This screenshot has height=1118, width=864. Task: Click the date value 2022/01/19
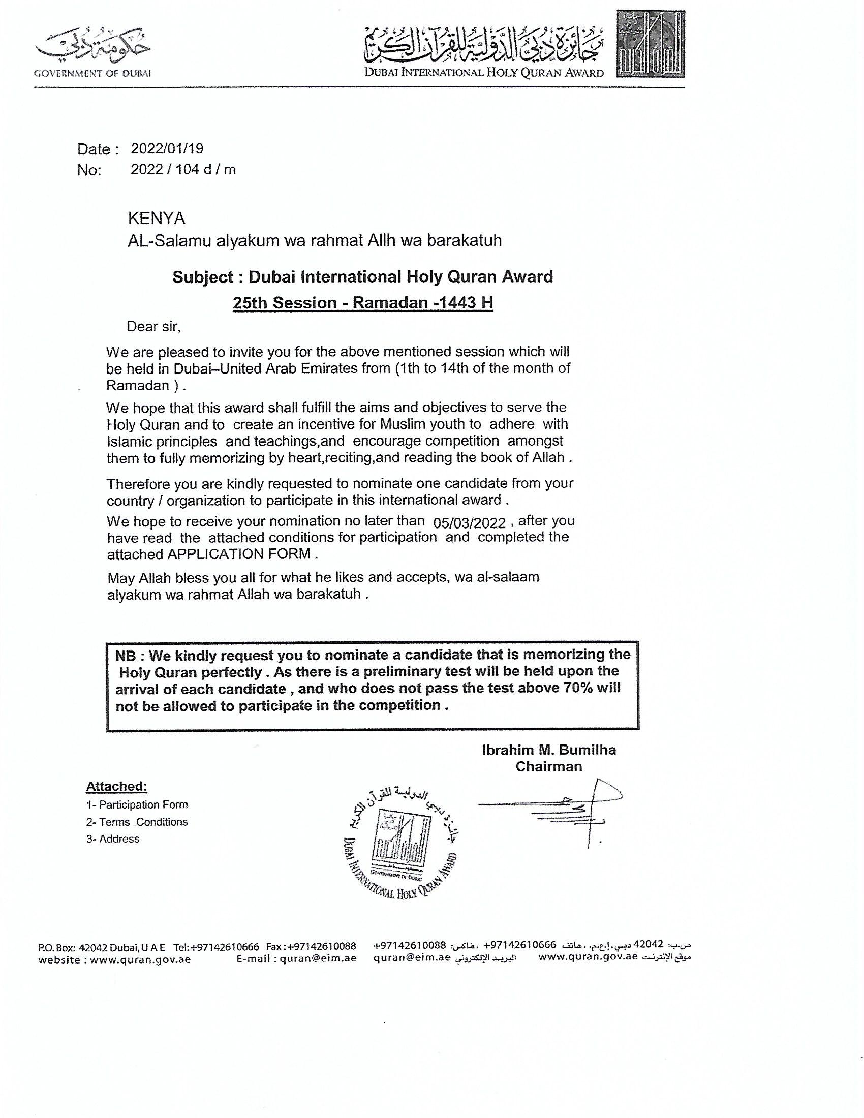167,148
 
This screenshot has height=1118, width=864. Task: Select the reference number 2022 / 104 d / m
183,169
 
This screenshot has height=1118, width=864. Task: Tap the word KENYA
156,219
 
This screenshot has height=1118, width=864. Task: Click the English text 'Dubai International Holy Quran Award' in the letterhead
484,73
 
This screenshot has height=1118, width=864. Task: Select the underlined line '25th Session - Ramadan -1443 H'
362,302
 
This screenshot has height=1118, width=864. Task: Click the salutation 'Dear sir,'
153,327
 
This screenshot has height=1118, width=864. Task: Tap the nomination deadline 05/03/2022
470,522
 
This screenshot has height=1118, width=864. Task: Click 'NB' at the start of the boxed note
126,655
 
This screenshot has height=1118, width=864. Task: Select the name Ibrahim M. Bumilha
549,750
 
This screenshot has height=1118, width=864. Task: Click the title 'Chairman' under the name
549,766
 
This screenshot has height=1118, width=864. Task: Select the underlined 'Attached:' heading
116,786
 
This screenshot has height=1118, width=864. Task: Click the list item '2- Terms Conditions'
137,822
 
